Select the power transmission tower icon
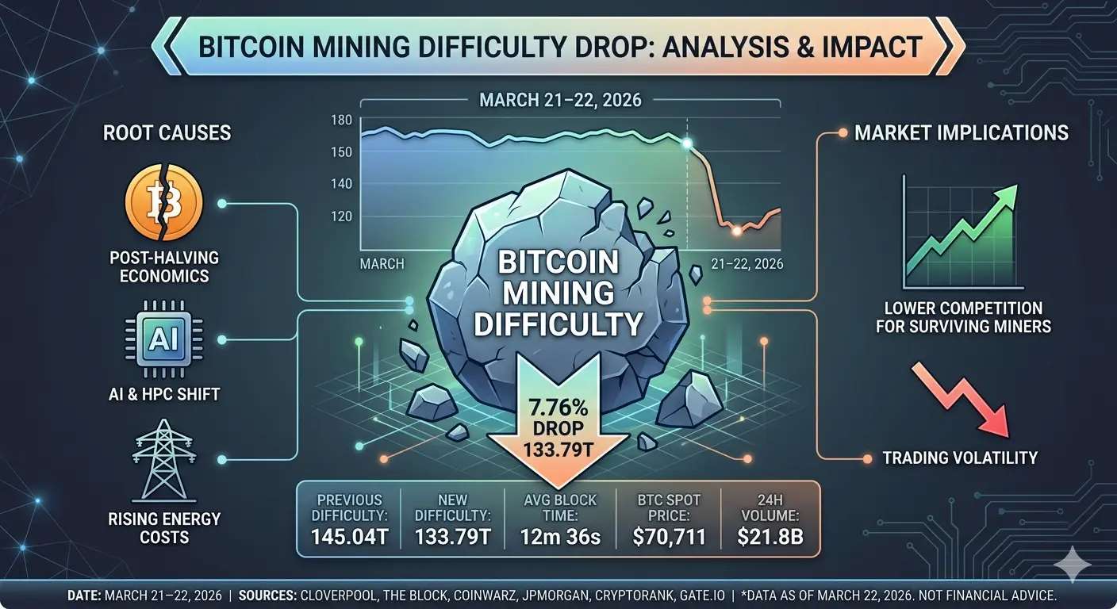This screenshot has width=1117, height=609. (164, 460)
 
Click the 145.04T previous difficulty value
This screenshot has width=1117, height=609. (349, 537)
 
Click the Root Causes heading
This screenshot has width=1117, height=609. (167, 132)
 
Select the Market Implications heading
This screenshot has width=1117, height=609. (962, 132)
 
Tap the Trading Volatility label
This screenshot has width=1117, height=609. (960, 458)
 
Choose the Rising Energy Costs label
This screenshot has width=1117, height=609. (164, 528)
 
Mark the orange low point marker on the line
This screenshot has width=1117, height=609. (736, 231)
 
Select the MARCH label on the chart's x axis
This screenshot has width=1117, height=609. (382, 263)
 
